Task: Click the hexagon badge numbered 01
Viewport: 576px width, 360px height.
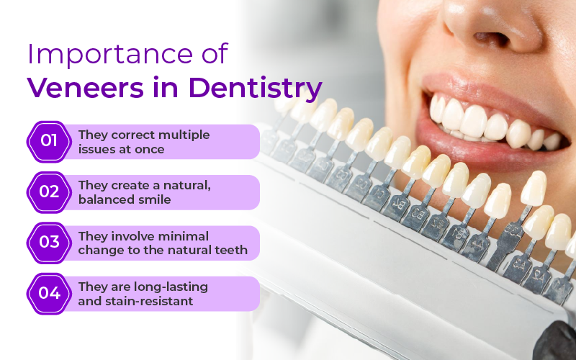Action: click(49, 141)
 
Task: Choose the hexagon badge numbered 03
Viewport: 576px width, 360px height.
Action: click(49, 243)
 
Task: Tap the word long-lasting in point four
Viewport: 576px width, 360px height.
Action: click(169, 287)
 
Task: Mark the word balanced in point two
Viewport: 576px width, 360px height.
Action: click(104, 199)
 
